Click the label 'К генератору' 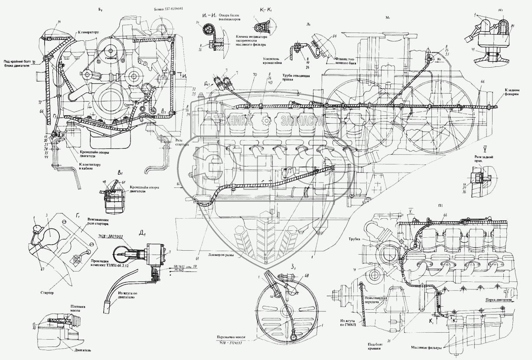point(89,32)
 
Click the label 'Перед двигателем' point(498,300)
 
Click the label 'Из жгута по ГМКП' point(347,324)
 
